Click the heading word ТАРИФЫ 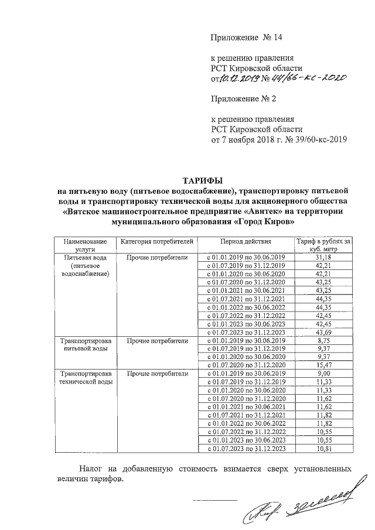[x=203, y=180]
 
